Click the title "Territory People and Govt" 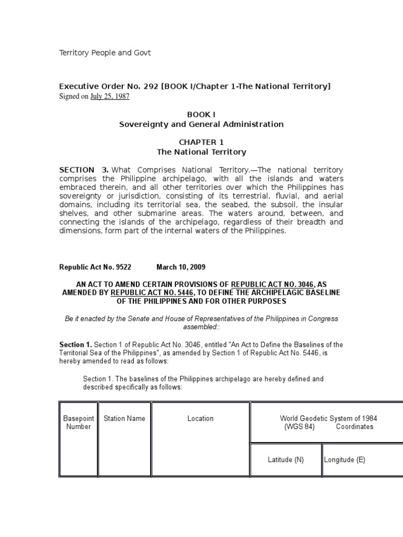(x=105, y=53)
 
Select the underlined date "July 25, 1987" (x=110, y=96)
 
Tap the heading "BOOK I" (x=201, y=114)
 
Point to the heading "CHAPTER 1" (x=201, y=142)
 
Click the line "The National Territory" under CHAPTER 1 (x=201, y=152)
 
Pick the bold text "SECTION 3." (x=84, y=170)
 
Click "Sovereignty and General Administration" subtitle (x=201, y=124)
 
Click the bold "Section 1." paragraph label (x=76, y=345)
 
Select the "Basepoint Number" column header (x=78, y=423)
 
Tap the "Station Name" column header (x=124, y=418)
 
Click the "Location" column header (x=200, y=418)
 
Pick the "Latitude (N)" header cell (x=285, y=460)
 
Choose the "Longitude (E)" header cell (x=345, y=460)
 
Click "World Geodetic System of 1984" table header (x=328, y=418)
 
